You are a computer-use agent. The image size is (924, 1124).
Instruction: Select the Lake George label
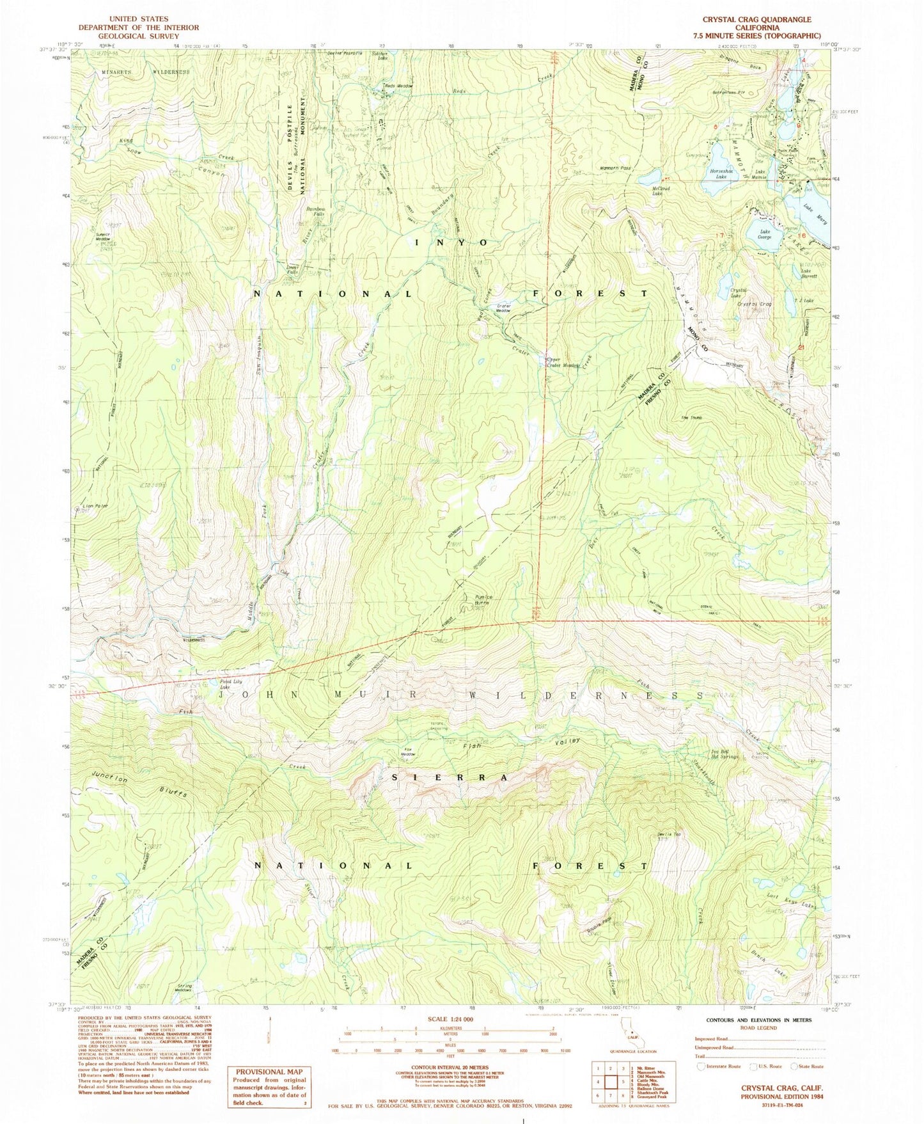pyautogui.click(x=765, y=234)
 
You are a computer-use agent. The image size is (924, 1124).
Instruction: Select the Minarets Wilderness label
pyautogui.click(x=146, y=72)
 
